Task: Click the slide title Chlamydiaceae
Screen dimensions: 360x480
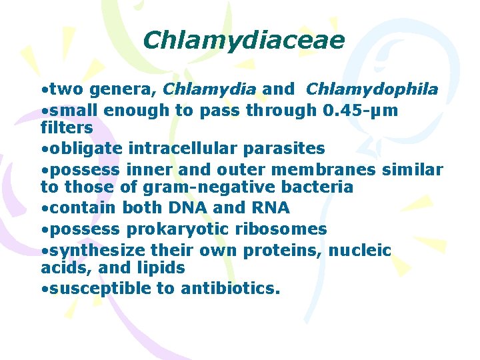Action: tap(243, 41)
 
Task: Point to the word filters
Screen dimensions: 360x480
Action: tap(66, 126)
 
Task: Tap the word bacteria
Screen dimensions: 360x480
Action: tap(315, 187)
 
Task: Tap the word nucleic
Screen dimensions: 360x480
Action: tap(362, 251)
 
